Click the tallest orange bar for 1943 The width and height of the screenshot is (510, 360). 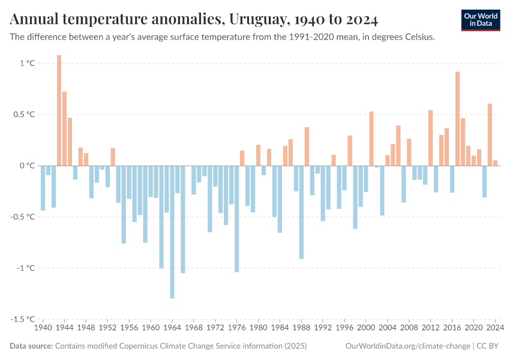coord(59,110)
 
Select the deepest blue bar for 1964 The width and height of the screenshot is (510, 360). coord(172,232)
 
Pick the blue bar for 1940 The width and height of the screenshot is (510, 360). coord(43,188)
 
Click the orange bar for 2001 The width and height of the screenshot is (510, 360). coord(371,139)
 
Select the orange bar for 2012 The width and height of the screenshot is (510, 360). coord(431,138)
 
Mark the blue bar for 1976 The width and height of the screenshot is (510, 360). coord(237,218)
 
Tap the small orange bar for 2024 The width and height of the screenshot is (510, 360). coord(495,163)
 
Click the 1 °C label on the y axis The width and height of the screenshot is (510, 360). coord(28,63)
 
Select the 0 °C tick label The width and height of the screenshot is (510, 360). coord(28,166)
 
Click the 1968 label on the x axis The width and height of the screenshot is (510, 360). coord(194,328)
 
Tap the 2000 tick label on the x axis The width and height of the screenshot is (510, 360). coord(366,328)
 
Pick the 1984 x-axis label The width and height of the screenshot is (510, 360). coord(280,328)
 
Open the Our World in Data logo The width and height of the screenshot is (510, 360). coord(481,20)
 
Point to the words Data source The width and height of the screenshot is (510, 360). coord(31,346)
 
